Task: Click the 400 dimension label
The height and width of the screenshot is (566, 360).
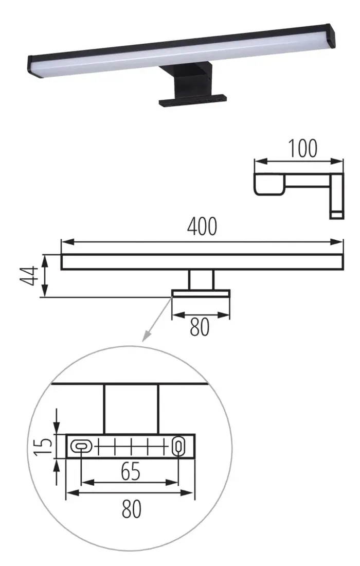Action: tap(202, 226)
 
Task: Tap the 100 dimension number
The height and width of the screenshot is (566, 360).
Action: tap(302, 148)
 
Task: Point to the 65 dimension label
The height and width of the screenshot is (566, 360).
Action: tap(131, 472)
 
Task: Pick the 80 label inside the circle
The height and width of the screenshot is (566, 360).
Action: tap(132, 509)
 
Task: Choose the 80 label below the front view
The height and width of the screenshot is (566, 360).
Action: tap(200, 327)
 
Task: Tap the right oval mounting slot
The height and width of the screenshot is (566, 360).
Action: tap(178, 446)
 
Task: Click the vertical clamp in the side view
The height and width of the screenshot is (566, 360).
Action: tap(336, 196)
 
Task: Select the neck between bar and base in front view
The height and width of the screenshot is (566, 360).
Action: tap(201, 279)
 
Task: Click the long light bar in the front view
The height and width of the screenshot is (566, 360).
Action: tap(202, 261)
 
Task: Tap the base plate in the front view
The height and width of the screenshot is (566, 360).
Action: tap(201, 293)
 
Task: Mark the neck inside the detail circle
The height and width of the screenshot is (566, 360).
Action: tap(131, 409)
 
